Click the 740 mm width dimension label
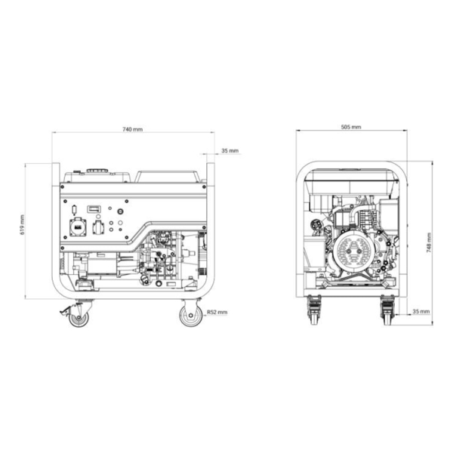point(133,129)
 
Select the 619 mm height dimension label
point(22,224)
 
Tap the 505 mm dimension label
point(351,127)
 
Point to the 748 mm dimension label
point(429,243)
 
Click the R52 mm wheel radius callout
point(217,312)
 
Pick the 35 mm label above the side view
point(230,150)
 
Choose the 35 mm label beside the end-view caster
point(421,311)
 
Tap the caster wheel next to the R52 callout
point(190,316)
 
